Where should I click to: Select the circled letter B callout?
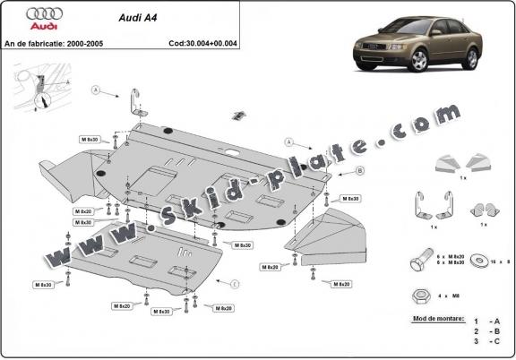(334, 170)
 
